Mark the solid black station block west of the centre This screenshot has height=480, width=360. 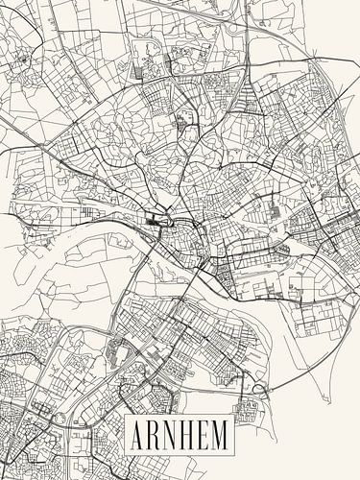(x=154, y=223)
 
